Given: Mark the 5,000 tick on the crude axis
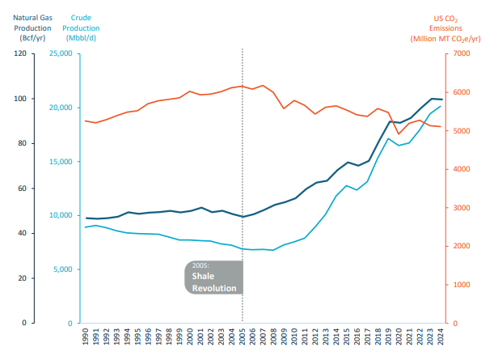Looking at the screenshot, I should point(64,269).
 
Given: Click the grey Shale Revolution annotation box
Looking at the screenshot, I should point(214,277).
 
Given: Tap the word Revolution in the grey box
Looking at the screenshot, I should point(214,288).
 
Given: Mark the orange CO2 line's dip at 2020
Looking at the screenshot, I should point(399,134).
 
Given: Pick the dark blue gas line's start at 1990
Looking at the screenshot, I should point(86,218).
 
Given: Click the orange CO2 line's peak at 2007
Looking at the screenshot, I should point(264,85).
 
